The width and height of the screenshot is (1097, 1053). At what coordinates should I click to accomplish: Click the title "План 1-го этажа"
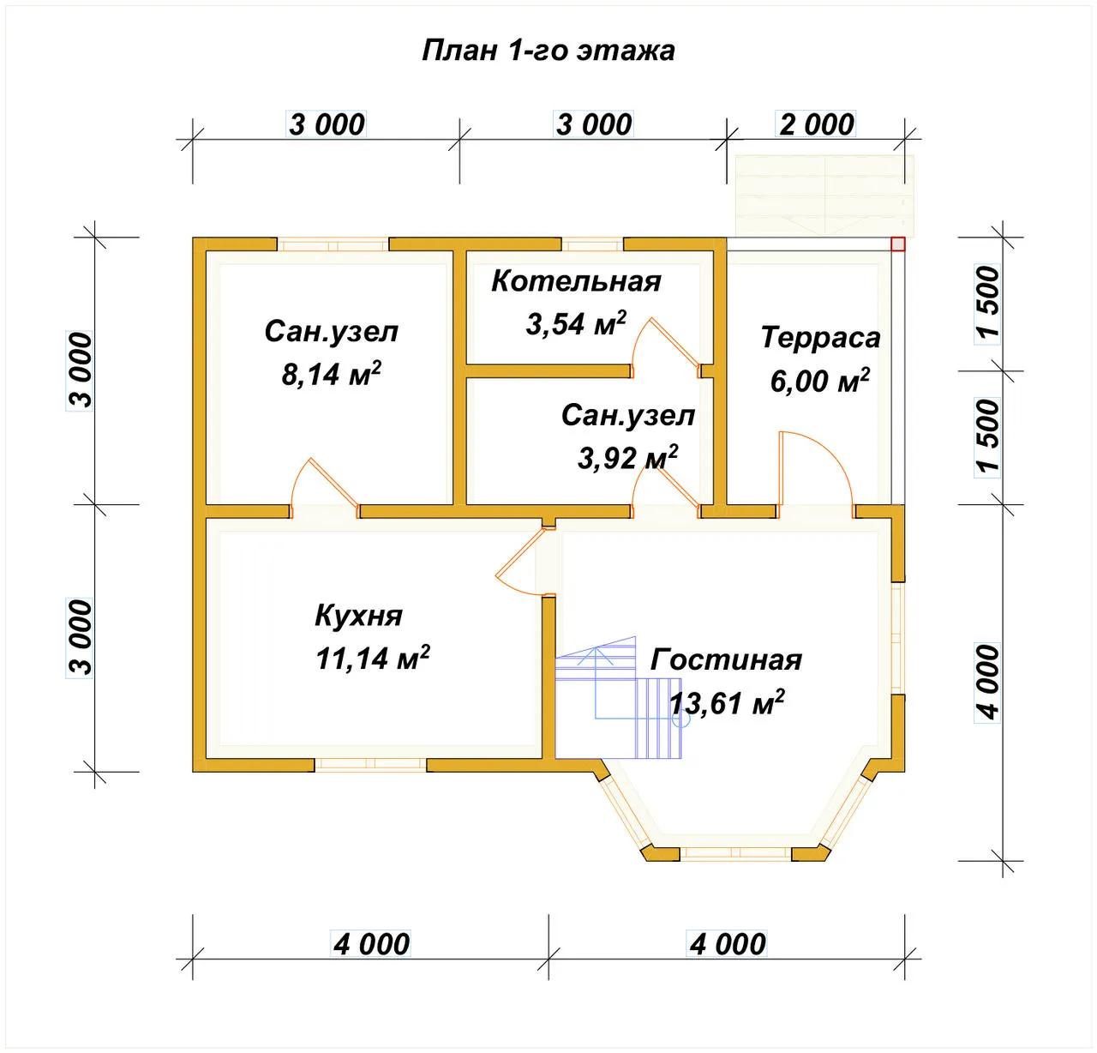point(548,51)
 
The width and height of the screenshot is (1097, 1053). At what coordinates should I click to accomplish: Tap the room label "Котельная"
point(576,281)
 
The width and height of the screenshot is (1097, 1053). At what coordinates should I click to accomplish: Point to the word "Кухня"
point(358,616)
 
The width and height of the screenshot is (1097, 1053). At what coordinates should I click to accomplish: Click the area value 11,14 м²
point(373,658)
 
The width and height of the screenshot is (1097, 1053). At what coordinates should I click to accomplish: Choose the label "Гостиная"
point(726,659)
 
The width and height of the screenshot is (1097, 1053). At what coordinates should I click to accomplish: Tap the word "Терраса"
point(820,337)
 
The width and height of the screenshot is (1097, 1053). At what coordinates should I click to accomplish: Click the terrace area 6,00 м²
point(819,380)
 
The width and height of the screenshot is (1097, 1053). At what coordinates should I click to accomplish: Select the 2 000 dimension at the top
point(816,124)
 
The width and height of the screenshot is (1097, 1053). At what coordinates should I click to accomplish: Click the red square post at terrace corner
point(898,244)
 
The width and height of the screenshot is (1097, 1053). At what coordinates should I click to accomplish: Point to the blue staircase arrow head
point(596,654)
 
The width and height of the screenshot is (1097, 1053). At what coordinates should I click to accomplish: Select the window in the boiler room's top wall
point(592,244)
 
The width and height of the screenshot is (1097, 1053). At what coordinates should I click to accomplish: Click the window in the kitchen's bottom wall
point(370,764)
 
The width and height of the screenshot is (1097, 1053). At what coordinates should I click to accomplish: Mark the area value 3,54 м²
point(576,323)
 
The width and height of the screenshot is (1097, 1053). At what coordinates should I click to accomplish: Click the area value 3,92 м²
point(627,457)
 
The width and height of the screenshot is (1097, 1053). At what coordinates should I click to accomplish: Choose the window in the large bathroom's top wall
point(333,244)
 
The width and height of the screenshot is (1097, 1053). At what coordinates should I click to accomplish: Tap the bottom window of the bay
point(735,853)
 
